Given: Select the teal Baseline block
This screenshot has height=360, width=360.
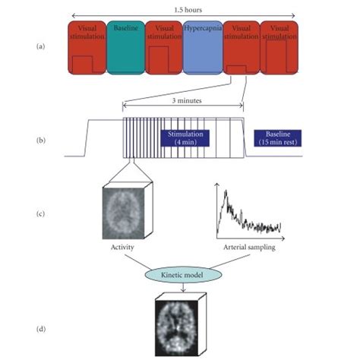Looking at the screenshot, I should click(126, 48).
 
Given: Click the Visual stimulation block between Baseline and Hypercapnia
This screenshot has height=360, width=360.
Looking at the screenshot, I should click(164, 48).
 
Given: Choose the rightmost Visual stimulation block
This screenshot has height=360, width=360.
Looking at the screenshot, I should click(279, 48).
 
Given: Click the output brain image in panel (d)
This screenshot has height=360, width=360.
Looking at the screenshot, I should click(181, 324).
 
